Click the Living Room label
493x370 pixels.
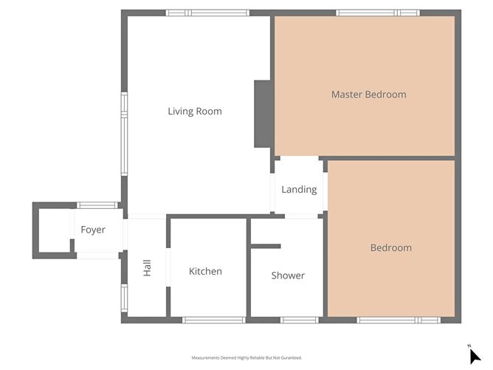[x=194, y=112]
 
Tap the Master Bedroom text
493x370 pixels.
[x=368, y=95]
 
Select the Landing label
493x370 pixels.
[x=299, y=189]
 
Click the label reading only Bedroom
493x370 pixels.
[x=390, y=247]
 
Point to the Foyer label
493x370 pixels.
[x=93, y=230]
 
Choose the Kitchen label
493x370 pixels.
[x=205, y=271]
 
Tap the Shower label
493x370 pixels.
[x=288, y=275]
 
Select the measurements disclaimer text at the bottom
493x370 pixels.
[x=246, y=357]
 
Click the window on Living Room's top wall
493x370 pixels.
[x=207, y=13]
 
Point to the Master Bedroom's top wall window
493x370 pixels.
[x=377, y=13]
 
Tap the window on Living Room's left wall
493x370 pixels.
[x=124, y=134]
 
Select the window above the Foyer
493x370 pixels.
[x=97, y=205]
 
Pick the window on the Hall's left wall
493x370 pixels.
[x=124, y=298]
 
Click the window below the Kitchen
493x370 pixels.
[x=213, y=320]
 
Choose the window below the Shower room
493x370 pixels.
[x=299, y=320]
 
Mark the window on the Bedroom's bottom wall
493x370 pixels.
[x=398, y=320]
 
